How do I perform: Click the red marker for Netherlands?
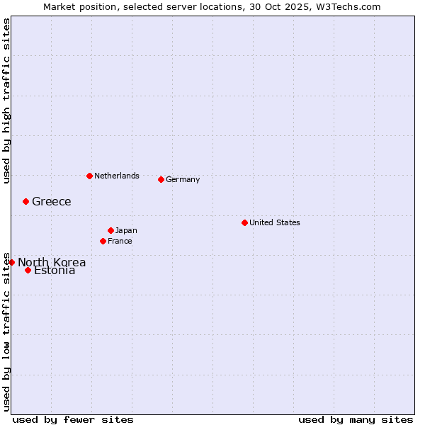[89, 176]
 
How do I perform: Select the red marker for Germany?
[161, 179]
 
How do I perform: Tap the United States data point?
[244, 222]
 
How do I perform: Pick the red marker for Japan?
[110, 230]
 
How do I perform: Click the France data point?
[103, 241]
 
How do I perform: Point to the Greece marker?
[25, 201]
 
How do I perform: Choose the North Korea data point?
[11, 262]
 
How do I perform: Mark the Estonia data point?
[28, 270]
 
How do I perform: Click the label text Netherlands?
[117, 176]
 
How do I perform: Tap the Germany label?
[183, 179]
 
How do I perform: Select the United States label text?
[275, 222]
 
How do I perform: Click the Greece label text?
[52, 201]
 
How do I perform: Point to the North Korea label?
[52, 262]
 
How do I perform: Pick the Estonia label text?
[55, 271]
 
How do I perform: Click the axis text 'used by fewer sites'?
[73, 419]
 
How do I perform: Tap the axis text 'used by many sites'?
[356, 419]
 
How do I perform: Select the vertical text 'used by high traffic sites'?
[6, 101]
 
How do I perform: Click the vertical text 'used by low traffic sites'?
[6, 331]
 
